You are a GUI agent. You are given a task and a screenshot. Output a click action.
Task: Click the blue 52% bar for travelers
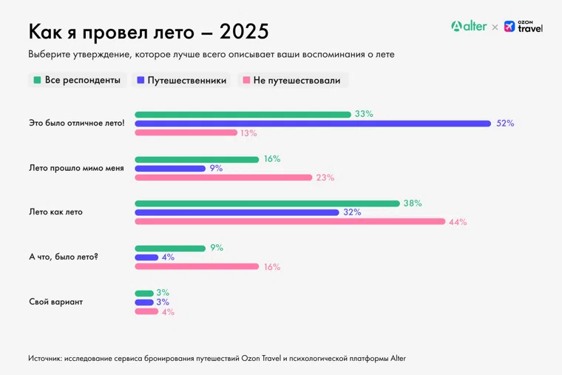tap(313, 124)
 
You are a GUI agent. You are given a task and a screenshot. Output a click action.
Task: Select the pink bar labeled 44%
tap(290, 221)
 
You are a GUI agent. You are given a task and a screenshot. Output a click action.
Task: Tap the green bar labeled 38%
tap(267, 203)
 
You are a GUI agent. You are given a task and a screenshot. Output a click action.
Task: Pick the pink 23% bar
tap(223, 178)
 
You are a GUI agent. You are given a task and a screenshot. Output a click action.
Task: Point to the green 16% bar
tap(197, 159)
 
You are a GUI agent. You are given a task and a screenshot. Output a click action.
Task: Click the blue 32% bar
tap(237, 212)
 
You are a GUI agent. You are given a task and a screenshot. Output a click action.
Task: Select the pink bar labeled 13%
tap(186, 133)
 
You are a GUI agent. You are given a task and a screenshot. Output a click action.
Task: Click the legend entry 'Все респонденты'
tap(77, 80)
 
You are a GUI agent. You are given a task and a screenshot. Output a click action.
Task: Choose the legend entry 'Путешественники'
tap(181, 80)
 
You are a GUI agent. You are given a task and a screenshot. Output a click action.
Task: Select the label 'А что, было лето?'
tap(64, 257)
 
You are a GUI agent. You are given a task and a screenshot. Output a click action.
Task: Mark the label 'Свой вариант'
tap(55, 302)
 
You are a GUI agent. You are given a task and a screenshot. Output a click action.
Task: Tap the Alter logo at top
tap(469, 26)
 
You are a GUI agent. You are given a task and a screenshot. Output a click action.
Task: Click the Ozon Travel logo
tap(524, 26)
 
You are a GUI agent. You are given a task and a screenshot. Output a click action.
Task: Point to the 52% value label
tap(505, 124)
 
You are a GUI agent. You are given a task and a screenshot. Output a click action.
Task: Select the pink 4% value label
tap(168, 312)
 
